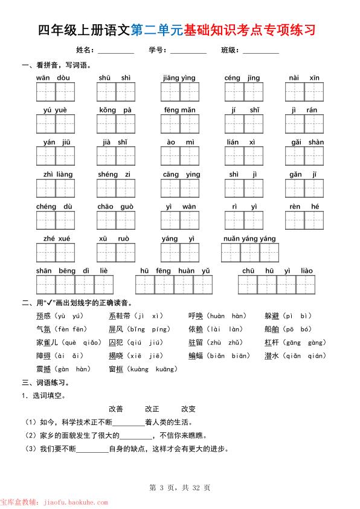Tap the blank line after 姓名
coord(115,51)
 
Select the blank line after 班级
coord(261,51)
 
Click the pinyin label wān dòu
coord(53,78)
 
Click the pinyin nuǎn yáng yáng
coord(249,239)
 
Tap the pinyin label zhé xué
coord(56,239)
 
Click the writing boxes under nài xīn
coord(304,92)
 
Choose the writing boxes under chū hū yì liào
coord(277,284)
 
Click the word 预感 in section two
coord(43,316)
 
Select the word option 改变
coord(188,409)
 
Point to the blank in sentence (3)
coord(92,449)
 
